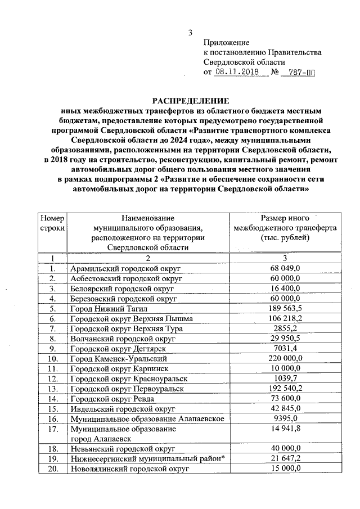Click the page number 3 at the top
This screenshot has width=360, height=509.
(191, 33)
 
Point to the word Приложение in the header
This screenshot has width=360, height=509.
(226, 42)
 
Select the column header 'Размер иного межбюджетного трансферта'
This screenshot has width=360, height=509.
(285, 228)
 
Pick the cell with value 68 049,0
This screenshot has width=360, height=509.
(285, 268)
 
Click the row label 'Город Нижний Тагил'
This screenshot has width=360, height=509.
(105, 308)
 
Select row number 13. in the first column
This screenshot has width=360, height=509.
(53, 389)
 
